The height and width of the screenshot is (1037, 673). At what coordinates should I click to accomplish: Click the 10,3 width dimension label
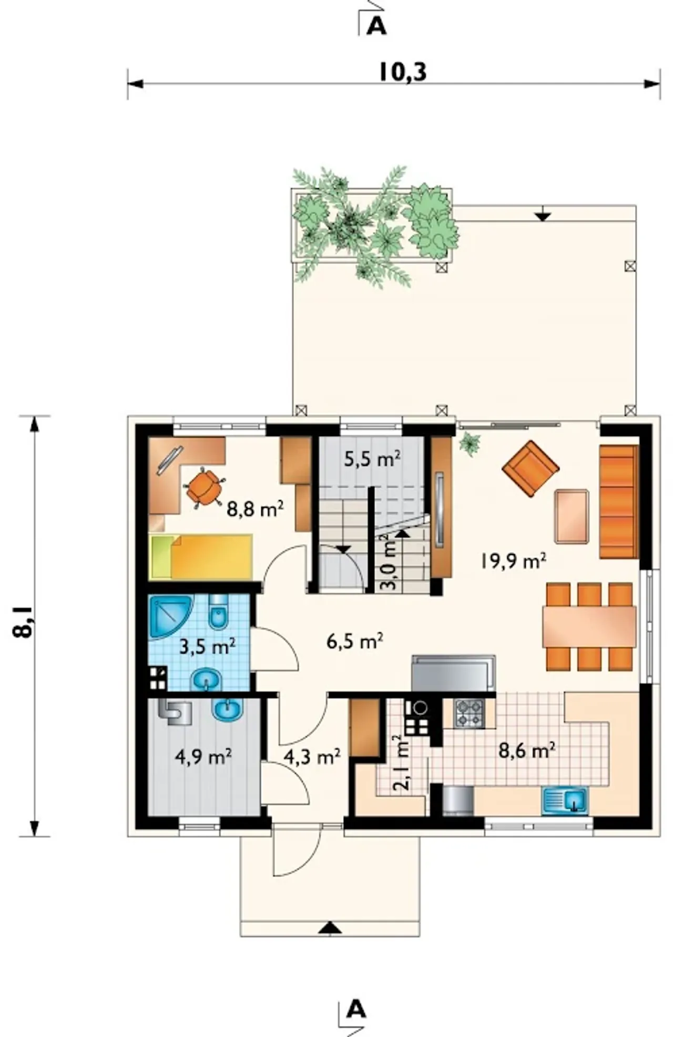pyautogui.click(x=402, y=72)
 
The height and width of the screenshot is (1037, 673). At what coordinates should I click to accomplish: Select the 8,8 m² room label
pyautogui.click(x=256, y=509)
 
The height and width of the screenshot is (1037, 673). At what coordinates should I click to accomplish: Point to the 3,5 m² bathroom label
pyautogui.click(x=207, y=646)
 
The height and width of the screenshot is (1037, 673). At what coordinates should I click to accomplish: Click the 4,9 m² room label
pyautogui.click(x=203, y=756)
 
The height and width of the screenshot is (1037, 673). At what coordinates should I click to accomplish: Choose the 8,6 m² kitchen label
pyautogui.click(x=527, y=751)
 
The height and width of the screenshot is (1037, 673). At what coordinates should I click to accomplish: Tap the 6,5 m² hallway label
pyautogui.click(x=354, y=641)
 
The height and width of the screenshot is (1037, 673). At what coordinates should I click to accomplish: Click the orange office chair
pyautogui.click(x=204, y=488)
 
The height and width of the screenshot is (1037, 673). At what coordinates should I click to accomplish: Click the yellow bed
pyautogui.click(x=201, y=557)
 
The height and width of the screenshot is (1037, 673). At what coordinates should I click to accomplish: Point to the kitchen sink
pyautogui.click(x=565, y=801)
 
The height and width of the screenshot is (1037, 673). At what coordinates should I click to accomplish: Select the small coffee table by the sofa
pyautogui.click(x=572, y=516)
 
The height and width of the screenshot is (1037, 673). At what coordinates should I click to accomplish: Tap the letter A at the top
pyautogui.click(x=376, y=26)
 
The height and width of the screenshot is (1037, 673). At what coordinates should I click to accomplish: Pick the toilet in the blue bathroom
pyautogui.click(x=218, y=611)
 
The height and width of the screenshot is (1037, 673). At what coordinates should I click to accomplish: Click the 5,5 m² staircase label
pyautogui.click(x=372, y=459)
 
